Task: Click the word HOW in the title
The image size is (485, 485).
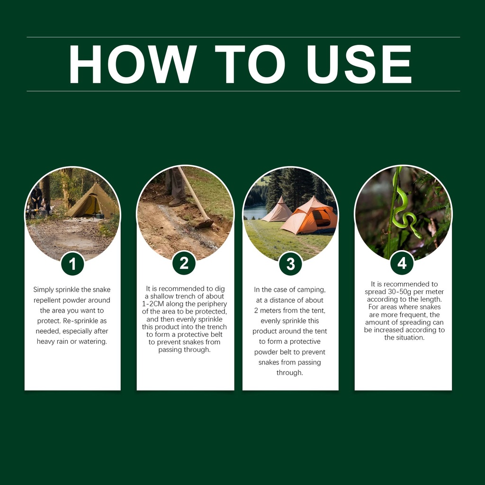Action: (133, 64)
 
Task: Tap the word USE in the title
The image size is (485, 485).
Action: (359, 64)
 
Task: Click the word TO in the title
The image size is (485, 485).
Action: (250, 64)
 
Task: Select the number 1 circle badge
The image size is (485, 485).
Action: (72, 264)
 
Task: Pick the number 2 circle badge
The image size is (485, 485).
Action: (184, 263)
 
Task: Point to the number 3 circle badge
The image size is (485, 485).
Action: (290, 264)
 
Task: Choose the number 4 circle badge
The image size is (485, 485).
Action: (402, 263)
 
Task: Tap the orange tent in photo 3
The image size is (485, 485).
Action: (309, 216)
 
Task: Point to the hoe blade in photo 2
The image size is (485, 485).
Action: (204, 224)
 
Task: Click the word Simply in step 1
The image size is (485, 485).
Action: (44, 290)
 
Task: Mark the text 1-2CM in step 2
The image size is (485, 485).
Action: (153, 304)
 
